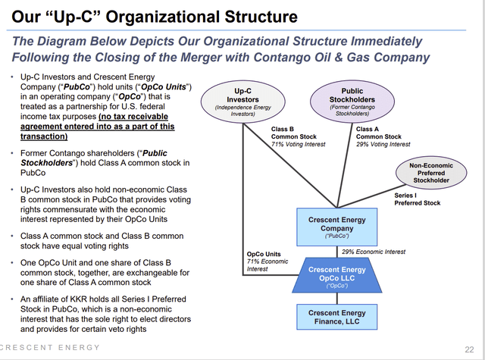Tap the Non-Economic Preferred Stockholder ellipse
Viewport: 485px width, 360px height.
[x=430, y=175]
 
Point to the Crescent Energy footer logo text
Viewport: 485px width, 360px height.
[x=50, y=348]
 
